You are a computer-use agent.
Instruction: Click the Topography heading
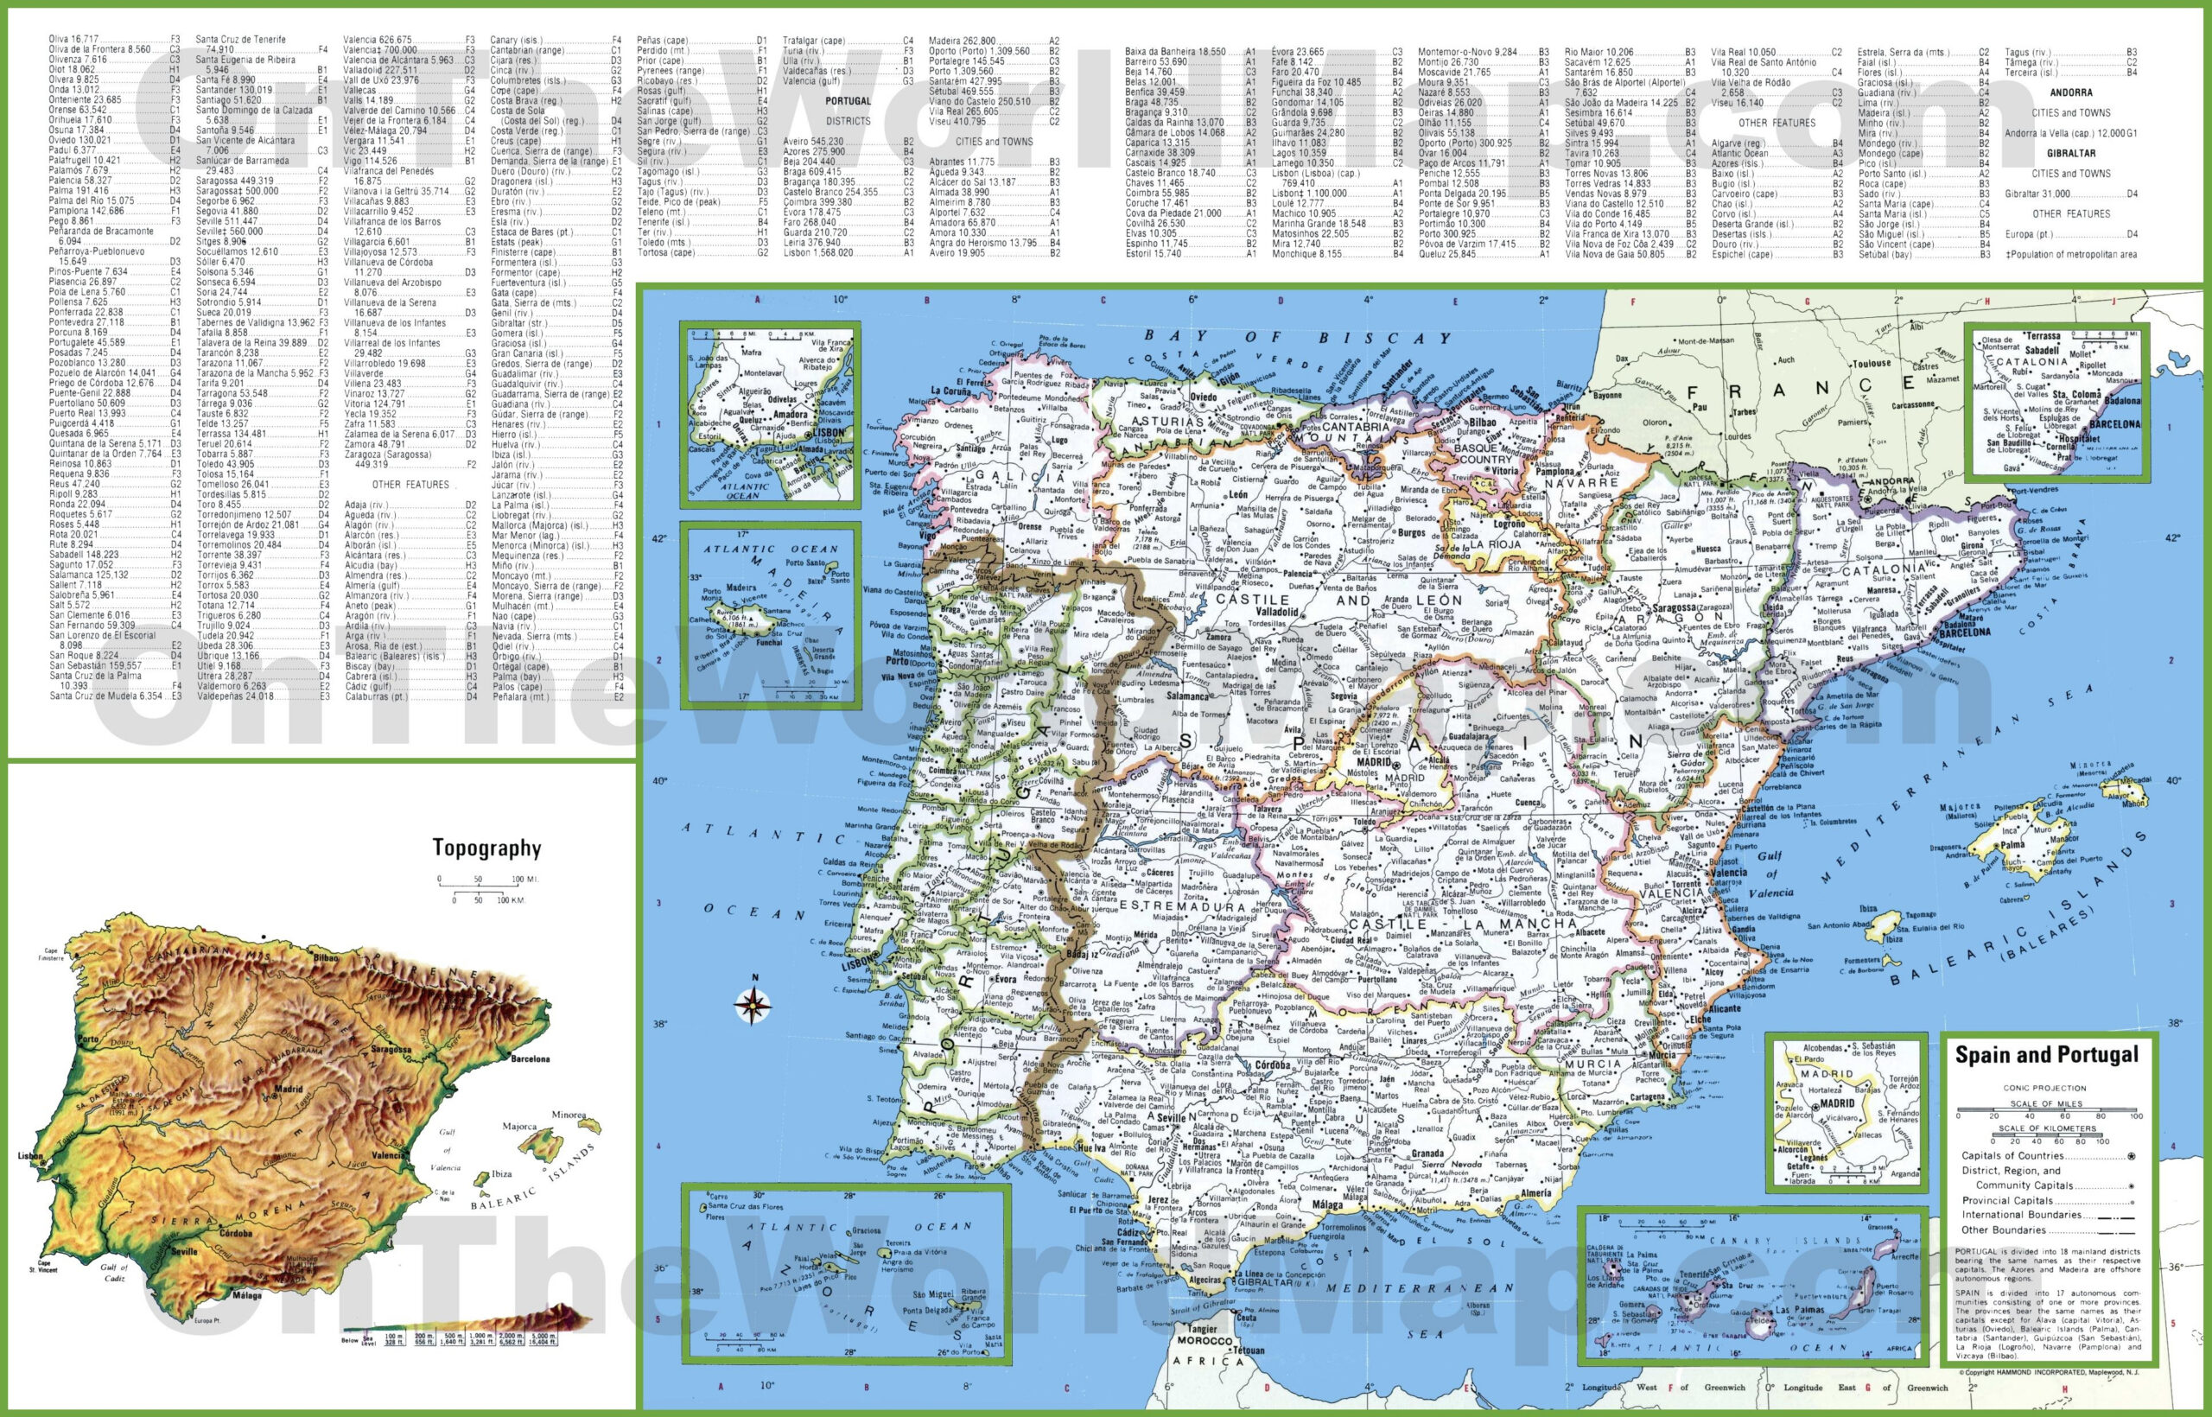pyautogui.click(x=486, y=848)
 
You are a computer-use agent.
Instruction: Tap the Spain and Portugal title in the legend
pyautogui.click(x=2046, y=1055)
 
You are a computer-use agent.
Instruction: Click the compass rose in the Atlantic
pyautogui.click(x=753, y=1005)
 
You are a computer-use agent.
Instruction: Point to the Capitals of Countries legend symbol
pyautogui.click(x=2131, y=1157)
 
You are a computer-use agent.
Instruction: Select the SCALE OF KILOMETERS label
pyautogui.click(x=2046, y=1128)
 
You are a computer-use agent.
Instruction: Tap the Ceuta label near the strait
pyautogui.click(x=1246, y=1318)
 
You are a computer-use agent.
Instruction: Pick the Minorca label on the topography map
pyautogui.click(x=568, y=1115)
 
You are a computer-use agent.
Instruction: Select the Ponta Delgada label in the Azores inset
pyautogui.click(x=926, y=1310)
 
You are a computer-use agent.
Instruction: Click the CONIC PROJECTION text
pyautogui.click(x=2044, y=1088)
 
